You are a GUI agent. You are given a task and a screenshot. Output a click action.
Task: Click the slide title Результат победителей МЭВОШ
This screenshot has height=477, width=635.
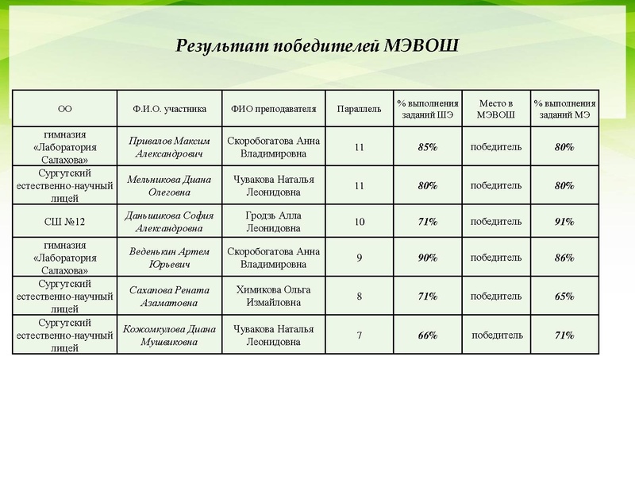[317, 45]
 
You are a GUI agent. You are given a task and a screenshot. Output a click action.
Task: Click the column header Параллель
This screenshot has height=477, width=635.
[360, 108]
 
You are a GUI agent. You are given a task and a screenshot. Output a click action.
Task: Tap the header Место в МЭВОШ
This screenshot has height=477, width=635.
[496, 109]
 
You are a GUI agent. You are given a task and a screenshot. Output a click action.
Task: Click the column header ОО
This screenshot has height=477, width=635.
[65, 109]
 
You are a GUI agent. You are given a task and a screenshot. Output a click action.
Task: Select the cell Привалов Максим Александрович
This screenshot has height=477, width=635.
[169, 147]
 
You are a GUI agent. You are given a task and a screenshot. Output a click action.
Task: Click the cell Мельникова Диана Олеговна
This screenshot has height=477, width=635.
[169, 185]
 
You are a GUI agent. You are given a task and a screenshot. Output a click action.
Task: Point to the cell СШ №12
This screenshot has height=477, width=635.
[65, 221]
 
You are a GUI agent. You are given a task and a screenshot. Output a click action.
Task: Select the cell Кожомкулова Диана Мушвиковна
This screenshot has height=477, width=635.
[169, 335]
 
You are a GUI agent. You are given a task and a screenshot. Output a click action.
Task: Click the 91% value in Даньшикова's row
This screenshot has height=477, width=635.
[564, 222]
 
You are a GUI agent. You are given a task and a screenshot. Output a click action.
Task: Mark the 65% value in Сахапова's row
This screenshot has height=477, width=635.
[564, 297]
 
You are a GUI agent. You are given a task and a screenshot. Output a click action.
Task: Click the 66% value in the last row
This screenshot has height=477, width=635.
[428, 335]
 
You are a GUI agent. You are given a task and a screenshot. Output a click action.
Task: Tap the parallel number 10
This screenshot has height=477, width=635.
[360, 222]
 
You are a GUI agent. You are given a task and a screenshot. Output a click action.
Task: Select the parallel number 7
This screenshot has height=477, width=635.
[360, 335]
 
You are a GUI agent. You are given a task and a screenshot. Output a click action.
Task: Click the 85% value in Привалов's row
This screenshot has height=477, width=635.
[428, 147]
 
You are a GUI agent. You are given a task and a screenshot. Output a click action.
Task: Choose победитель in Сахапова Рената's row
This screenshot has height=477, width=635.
[496, 296]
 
